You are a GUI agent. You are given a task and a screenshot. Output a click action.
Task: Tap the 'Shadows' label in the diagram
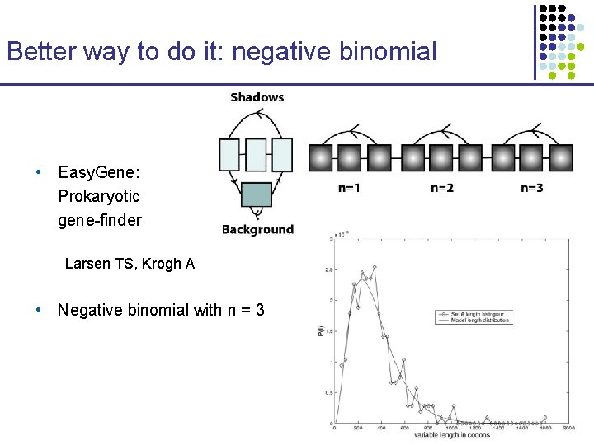(257, 97)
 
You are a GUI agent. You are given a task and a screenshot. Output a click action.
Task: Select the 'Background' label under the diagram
(257, 229)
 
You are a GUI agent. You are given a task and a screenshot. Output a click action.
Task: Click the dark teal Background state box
(257, 194)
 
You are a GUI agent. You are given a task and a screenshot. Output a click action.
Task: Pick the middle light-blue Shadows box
(257, 154)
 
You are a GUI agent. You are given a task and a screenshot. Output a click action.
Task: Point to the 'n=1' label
(349, 188)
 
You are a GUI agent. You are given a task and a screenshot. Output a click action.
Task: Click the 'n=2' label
(441, 188)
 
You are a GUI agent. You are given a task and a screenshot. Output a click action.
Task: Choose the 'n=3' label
(532, 188)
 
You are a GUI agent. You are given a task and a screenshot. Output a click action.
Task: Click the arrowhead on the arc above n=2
(446, 129)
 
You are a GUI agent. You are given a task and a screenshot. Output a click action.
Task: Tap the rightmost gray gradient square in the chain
(560, 157)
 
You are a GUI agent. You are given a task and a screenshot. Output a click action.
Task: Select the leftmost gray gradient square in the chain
(321, 157)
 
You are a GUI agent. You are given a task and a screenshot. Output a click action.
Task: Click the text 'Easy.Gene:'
(99, 172)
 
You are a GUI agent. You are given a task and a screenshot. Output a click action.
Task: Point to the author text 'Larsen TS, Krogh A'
(130, 264)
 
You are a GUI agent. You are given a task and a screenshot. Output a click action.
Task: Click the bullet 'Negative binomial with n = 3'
(160, 310)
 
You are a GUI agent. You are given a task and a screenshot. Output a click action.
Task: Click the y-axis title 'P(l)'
(323, 331)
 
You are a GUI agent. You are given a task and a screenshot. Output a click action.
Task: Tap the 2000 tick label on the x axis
(568, 428)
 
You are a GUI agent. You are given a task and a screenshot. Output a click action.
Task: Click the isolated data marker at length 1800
(545, 419)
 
